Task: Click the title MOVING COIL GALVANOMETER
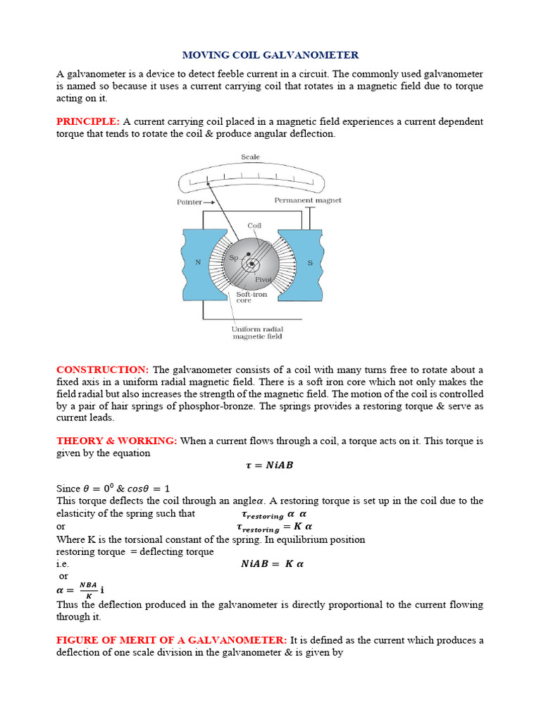[270, 55]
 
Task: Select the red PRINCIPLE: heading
[87, 121]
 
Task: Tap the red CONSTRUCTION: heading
[102, 370]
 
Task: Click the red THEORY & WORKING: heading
[117, 441]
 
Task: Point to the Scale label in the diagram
[250, 157]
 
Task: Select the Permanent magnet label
[308, 200]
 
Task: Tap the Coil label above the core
[254, 226]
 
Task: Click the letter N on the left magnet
[198, 262]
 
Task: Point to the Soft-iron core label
[251, 297]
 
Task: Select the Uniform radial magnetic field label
[257, 333]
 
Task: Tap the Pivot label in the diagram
[263, 279]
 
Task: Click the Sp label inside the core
[234, 258]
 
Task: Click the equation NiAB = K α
[272, 564]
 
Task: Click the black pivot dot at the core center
[251, 264]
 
